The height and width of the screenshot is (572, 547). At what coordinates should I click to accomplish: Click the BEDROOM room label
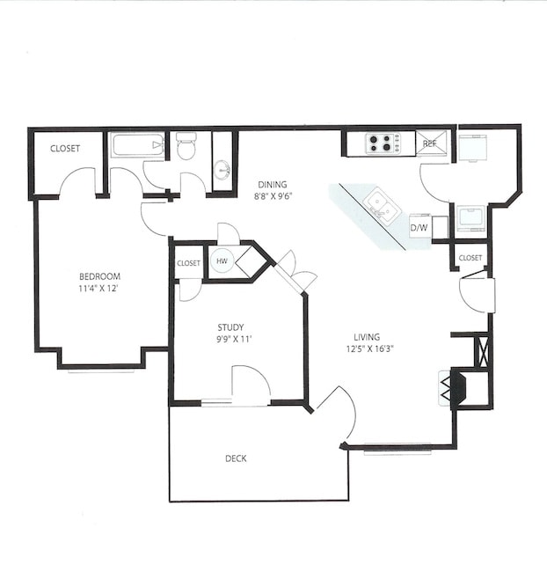click(98, 275)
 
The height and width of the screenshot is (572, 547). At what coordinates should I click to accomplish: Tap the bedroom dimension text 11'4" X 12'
click(98, 288)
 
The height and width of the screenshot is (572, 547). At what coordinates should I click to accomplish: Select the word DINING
click(272, 184)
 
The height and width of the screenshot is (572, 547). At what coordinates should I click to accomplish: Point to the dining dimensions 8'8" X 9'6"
click(272, 196)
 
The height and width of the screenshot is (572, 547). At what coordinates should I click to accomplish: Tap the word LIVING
click(367, 335)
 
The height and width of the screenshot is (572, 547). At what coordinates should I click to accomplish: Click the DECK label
click(235, 458)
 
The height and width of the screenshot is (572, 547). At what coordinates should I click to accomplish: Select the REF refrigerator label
click(430, 143)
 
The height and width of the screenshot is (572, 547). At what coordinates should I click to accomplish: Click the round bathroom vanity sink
click(222, 167)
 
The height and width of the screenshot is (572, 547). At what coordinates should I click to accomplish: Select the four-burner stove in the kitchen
click(383, 143)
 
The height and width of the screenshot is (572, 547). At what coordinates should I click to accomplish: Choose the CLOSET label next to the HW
click(188, 263)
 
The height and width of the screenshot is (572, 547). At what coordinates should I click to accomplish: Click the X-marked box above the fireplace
click(480, 350)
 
